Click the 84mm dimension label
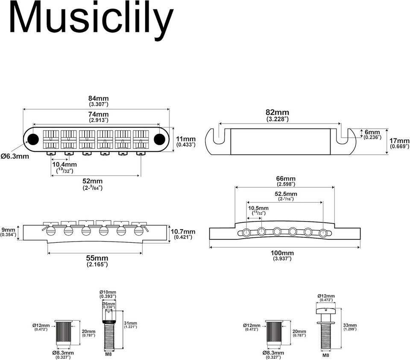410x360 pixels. click(x=98, y=98)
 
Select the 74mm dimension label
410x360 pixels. click(x=98, y=114)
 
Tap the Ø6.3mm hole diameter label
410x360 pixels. click(x=15, y=156)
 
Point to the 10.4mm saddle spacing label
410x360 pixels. click(x=65, y=164)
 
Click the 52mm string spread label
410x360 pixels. click(x=92, y=180)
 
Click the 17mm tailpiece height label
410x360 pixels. click(x=399, y=141)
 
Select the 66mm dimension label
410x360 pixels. click(x=286, y=178)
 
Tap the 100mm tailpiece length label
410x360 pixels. click(x=283, y=253)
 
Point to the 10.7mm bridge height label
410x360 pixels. click(x=183, y=231)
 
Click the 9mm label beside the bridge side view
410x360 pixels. click(x=8, y=229)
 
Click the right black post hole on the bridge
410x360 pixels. click(x=159, y=138)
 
